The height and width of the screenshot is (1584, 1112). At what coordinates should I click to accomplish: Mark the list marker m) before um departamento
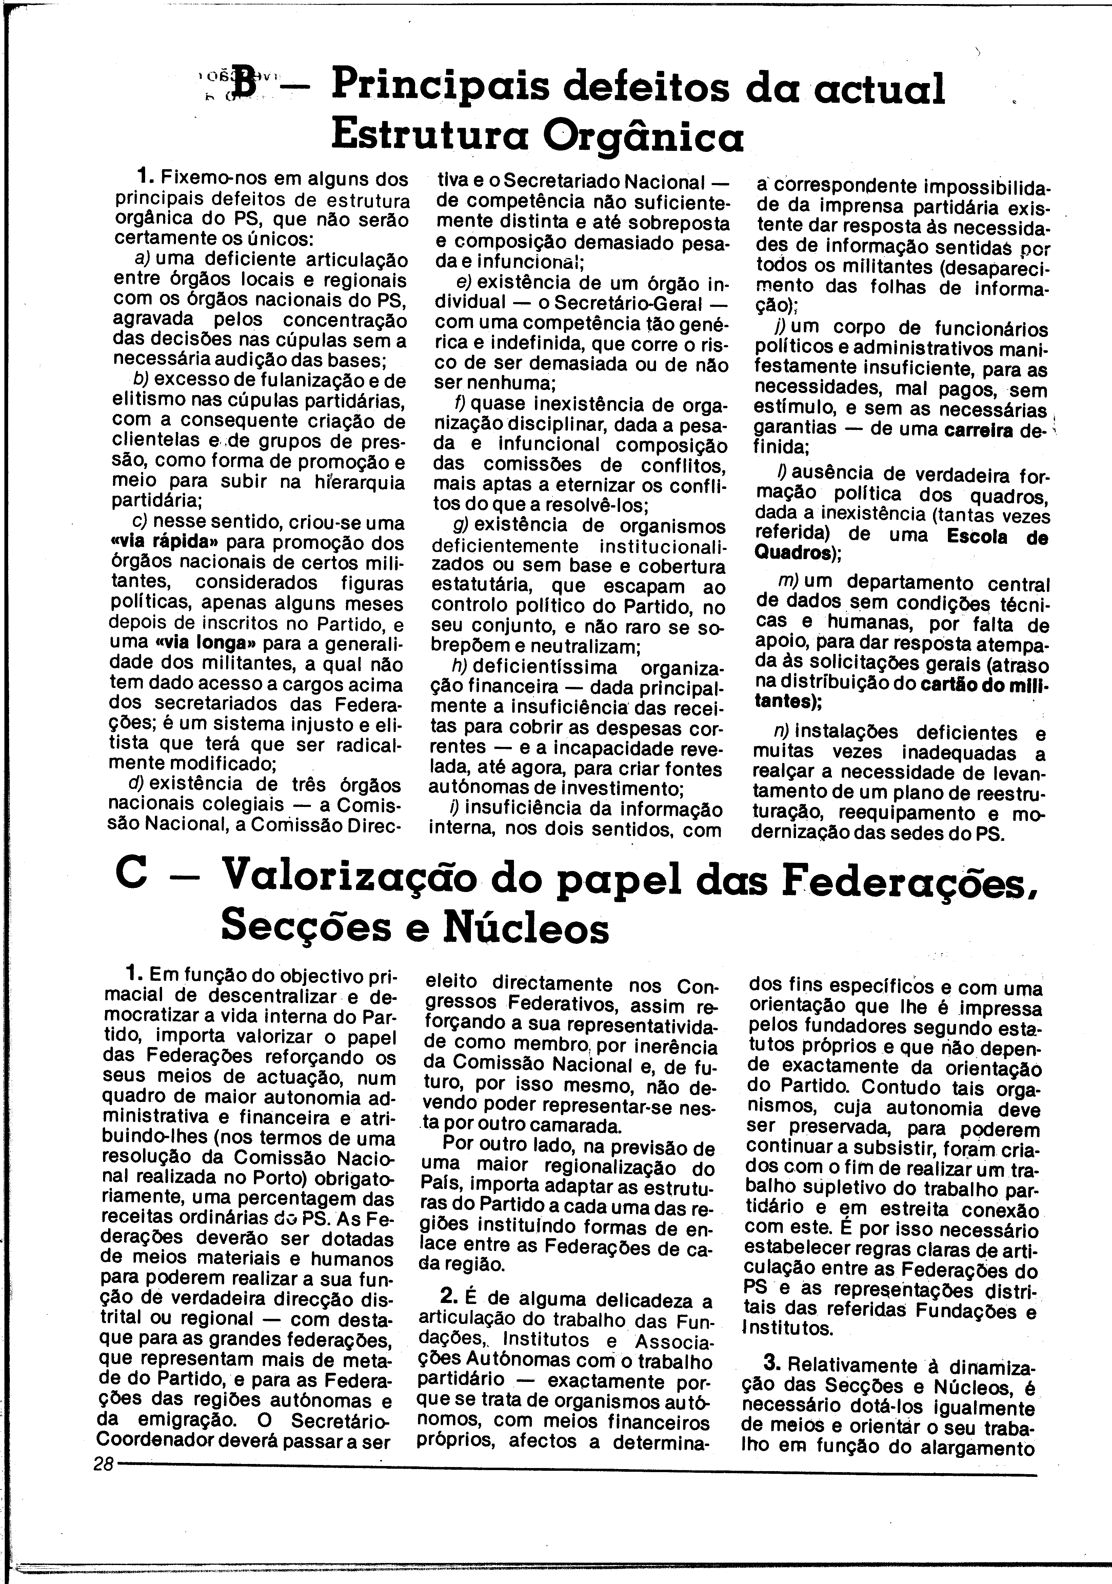pos(788,581)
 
